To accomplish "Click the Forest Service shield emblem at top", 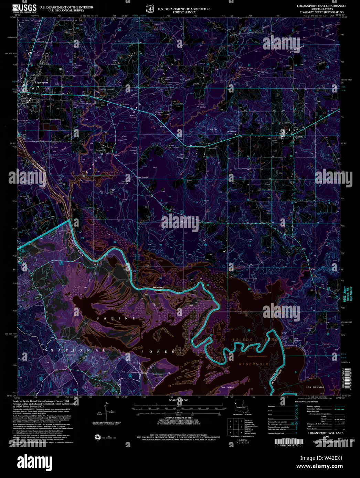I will (149, 8).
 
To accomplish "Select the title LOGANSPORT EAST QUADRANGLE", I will (321, 6).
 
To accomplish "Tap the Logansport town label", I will (41, 83).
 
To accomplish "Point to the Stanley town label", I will (299, 137).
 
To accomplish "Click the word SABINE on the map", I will (116, 318).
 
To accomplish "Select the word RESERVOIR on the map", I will (253, 364).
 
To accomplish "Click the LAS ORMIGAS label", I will (315, 387).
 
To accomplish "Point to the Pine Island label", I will (227, 387).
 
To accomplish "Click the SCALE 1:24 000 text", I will (178, 400).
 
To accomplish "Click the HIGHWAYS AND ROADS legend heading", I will (306, 401).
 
